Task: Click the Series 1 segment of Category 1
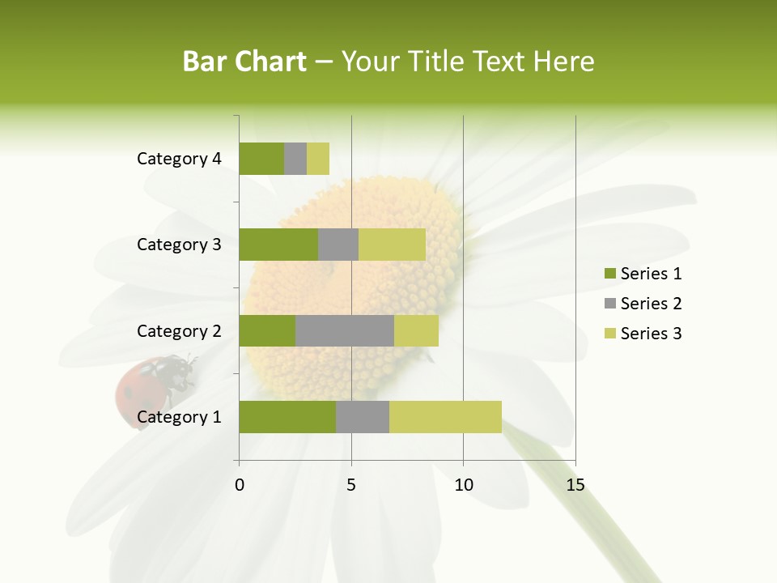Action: (287, 417)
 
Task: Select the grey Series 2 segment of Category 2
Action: (345, 330)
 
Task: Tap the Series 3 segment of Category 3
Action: (392, 245)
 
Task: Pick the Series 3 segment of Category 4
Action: (318, 159)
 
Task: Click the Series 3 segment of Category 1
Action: (445, 417)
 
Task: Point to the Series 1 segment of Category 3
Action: (278, 245)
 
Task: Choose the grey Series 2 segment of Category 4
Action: (295, 159)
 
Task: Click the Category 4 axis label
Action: (179, 159)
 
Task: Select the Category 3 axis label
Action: (179, 245)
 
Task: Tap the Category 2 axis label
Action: (179, 330)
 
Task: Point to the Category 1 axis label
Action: (179, 417)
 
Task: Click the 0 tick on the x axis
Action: (240, 485)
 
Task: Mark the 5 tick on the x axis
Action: (351, 485)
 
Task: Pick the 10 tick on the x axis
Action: (463, 485)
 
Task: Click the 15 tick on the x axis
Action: (575, 485)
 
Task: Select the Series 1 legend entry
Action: (643, 274)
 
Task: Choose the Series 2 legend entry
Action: (643, 304)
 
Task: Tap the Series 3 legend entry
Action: (643, 334)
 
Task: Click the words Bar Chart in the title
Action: (244, 62)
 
